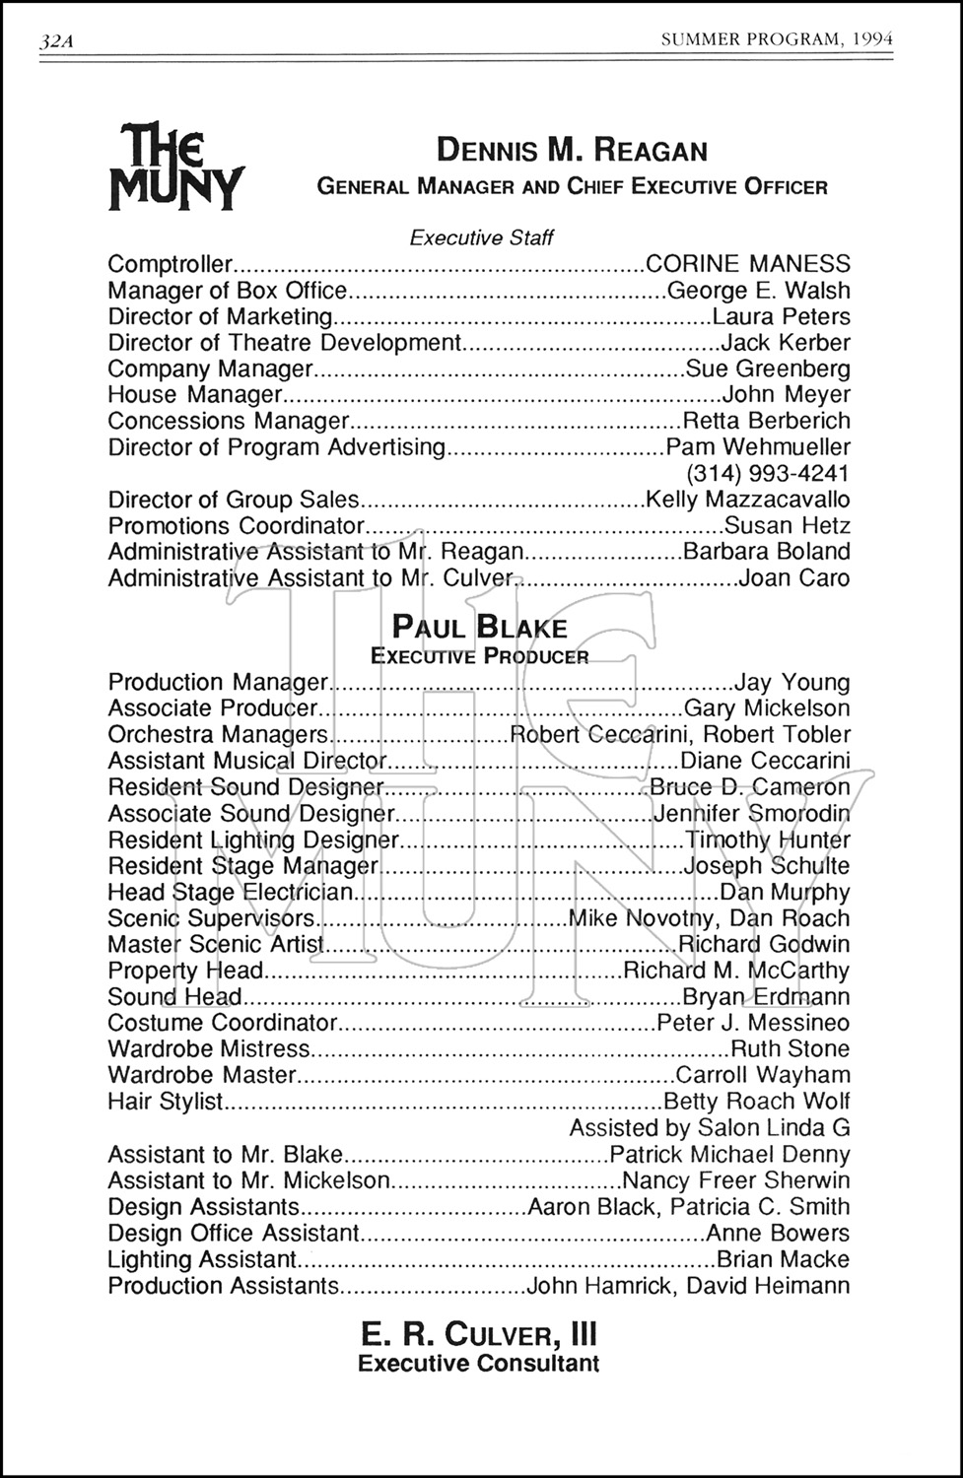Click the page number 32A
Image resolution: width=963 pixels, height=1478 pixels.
point(56,41)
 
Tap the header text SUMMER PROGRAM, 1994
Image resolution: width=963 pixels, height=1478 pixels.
point(777,39)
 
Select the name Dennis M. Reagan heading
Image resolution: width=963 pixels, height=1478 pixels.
point(572,151)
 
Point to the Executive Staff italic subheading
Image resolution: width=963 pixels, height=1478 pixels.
point(481,237)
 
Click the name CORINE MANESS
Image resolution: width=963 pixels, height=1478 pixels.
point(747,264)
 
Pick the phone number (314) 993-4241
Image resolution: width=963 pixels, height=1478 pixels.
point(767,473)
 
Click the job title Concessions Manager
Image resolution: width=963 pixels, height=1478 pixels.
point(229,421)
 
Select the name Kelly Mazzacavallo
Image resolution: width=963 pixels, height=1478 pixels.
point(747,500)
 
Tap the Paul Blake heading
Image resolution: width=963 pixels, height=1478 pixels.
point(480,628)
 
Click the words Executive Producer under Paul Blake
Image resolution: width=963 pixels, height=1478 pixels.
point(480,656)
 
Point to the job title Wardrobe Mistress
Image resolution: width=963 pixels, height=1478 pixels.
point(209,1049)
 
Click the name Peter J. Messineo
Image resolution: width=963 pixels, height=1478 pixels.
point(753,1023)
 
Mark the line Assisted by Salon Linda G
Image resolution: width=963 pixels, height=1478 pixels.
point(709,1127)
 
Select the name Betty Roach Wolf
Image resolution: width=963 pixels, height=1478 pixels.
point(757,1101)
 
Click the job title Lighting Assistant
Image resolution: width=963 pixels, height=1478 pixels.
point(202,1259)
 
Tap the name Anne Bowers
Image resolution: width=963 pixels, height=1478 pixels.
point(778,1233)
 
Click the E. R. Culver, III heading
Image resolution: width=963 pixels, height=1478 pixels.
point(479,1334)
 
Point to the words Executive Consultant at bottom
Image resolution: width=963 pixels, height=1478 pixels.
point(479,1364)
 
